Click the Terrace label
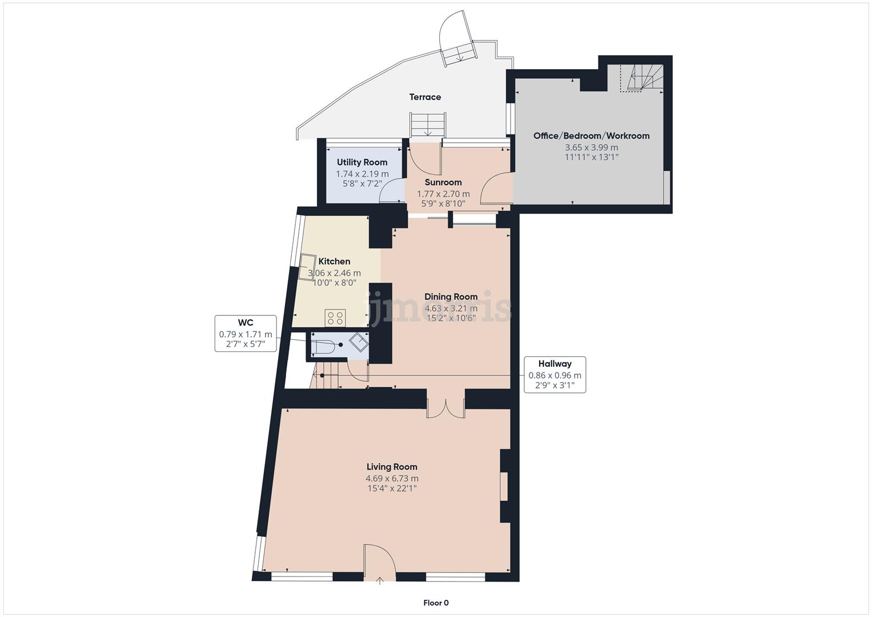coord(425,97)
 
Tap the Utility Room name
coord(362,162)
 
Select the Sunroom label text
coord(443,182)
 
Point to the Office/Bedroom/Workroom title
coord(591,136)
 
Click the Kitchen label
coord(335,262)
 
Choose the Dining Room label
coord(451,297)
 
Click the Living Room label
coord(392,467)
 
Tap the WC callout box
coord(246,334)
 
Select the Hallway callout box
coord(554,375)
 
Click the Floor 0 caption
coord(436,603)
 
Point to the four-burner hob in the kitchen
coord(335,318)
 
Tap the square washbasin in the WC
coord(359,343)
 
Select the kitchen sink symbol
coord(307,267)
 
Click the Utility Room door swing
coord(392,190)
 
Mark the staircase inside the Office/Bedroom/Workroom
coord(642,78)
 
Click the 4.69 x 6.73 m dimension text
coord(392,479)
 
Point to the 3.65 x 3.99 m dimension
coord(592,147)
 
